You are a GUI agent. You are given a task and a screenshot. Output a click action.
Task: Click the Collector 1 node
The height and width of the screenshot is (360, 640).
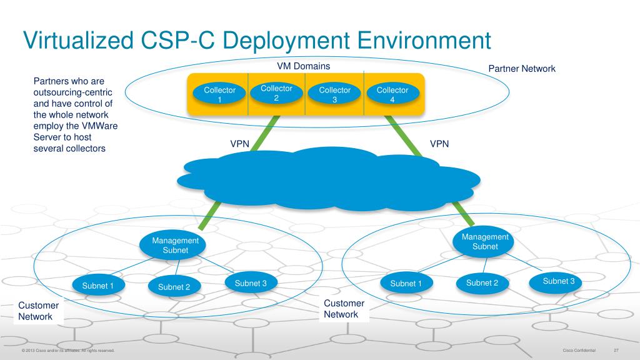point(219,94)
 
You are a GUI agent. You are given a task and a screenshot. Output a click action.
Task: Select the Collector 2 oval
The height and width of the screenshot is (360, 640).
point(276,92)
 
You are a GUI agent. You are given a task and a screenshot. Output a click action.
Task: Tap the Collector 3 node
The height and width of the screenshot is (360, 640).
point(334,94)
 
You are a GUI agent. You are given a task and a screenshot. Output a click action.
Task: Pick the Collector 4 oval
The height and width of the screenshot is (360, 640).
point(392,94)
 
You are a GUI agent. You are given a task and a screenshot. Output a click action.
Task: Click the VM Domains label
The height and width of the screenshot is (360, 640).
point(304,66)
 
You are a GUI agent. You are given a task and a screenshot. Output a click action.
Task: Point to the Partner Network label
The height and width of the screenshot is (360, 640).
point(521,68)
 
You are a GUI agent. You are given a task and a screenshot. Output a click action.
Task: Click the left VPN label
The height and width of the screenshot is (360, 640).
point(240,144)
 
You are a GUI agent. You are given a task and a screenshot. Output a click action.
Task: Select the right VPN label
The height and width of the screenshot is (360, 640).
point(440,144)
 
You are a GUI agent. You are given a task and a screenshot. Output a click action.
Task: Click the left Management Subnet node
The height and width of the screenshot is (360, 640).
point(176,245)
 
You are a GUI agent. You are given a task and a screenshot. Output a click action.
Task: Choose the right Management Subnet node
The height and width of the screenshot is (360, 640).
point(485,241)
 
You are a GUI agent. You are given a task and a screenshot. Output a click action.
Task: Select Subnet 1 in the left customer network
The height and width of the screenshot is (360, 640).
point(98,286)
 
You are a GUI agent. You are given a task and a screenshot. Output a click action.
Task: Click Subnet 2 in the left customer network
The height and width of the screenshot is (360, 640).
point(174,287)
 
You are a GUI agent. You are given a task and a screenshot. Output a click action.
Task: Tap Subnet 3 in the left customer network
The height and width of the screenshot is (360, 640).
point(251,283)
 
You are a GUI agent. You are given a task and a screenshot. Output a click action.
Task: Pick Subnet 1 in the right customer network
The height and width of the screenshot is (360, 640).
point(406,284)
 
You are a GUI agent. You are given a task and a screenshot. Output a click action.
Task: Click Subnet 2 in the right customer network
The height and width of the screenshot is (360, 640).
point(482,282)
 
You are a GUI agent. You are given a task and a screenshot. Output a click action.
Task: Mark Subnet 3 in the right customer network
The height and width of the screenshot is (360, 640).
point(558,281)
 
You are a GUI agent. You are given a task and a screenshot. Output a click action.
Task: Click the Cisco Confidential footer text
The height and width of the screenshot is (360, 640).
point(579,350)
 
